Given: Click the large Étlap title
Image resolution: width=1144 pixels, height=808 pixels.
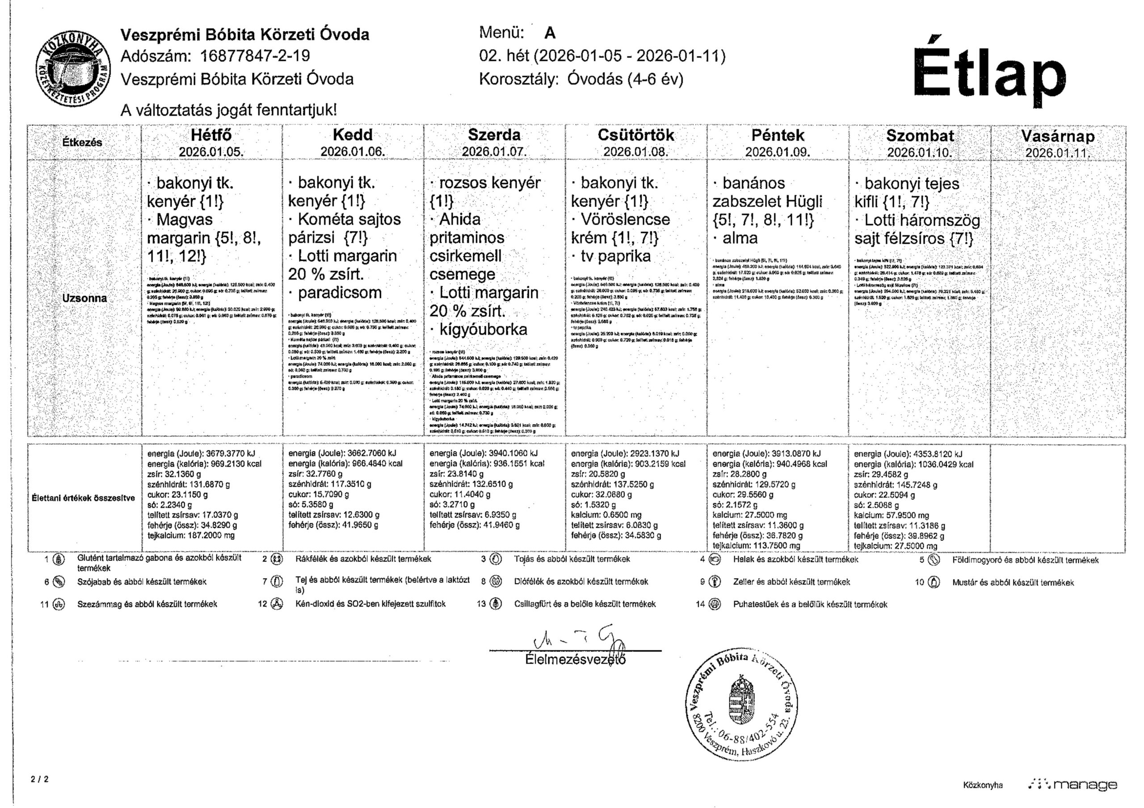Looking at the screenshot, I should pos(988,74).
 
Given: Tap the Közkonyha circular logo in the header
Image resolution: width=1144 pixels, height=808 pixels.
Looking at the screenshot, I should pos(73,68).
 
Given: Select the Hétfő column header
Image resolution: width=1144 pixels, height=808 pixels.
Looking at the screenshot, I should pos(211,135).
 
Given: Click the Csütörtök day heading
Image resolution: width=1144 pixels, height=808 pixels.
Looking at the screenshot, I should pos(635,135).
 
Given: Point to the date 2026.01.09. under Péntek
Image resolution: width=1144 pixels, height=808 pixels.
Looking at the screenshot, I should pos(777,152).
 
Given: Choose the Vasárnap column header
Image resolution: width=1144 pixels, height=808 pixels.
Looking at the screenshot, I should pos(1058,136).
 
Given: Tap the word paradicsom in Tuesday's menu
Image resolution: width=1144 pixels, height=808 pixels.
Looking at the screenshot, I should pos(339,292).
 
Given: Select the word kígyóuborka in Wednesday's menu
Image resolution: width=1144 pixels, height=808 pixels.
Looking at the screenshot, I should pos(483,330).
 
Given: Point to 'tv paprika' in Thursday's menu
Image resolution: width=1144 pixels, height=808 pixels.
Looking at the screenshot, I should pos(615,256).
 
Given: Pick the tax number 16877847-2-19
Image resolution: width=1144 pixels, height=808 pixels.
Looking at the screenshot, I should pos(255,56).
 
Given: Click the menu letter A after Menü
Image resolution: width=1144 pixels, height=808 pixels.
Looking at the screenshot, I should pos(550,33).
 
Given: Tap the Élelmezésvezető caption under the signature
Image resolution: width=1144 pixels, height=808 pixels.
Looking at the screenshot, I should pos(575,659).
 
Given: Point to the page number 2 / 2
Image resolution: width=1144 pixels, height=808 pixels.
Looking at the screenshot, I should pos(39,778).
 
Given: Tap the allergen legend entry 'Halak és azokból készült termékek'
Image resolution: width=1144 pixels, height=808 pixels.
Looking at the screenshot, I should pos(795,560).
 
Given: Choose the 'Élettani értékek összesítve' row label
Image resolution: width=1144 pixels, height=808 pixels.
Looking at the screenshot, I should pos(83,498).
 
